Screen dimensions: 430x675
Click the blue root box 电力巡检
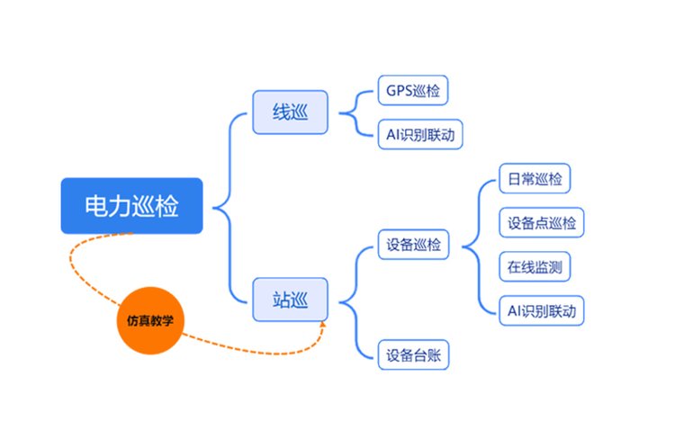[x=131, y=206]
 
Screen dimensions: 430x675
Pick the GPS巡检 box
[x=413, y=91]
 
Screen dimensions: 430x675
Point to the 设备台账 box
[x=413, y=354]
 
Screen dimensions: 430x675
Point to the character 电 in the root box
[x=95, y=206]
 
